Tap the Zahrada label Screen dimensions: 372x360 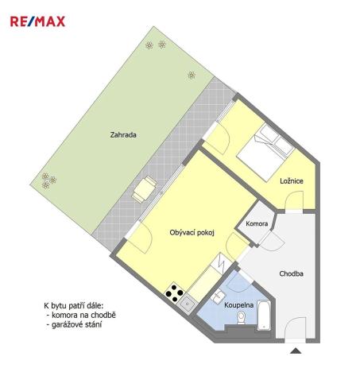(123, 135)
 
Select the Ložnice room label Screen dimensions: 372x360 (291, 180)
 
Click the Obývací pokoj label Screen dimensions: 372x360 (192, 233)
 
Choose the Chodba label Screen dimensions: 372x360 (291, 275)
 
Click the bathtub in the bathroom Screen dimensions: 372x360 (265, 316)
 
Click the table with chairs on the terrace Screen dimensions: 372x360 (145, 189)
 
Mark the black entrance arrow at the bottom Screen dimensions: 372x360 (296, 351)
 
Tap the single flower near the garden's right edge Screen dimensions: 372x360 (192, 75)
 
